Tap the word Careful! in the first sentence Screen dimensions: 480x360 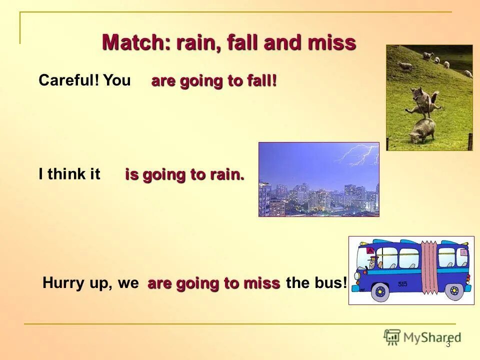pyautogui.click(x=69, y=80)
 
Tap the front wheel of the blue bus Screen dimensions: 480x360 pyautogui.click(x=380, y=291)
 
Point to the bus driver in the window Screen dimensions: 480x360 pyautogui.click(x=373, y=262)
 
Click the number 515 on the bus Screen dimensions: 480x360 pyautogui.click(x=402, y=284)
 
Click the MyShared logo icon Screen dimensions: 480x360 pyautogui.click(x=392, y=337)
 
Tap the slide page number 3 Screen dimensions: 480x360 pyautogui.click(x=448, y=344)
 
